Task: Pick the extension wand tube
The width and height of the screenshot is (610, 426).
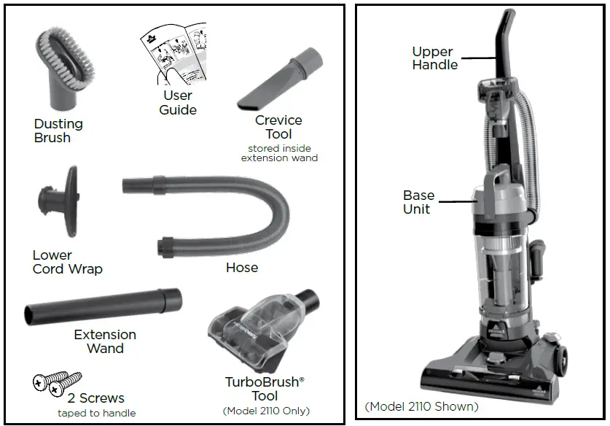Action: (x=103, y=304)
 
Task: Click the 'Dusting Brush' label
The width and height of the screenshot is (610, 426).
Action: (x=58, y=131)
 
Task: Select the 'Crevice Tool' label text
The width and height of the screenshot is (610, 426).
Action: (x=278, y=127)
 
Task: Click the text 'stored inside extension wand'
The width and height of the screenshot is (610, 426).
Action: (x=279, y=153)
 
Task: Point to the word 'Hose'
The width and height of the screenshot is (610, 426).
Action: (x=241, y=268)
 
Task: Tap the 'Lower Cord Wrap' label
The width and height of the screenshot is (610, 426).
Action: (x=67, y=262)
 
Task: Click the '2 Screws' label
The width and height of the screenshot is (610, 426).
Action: (x=96, y=398)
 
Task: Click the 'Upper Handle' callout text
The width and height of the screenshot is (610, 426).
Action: (x=434, y=58)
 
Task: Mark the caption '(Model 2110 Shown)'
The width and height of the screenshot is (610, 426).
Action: (x=421, y=406)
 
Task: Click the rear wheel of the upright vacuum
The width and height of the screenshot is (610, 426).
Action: (x=560, y=358)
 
